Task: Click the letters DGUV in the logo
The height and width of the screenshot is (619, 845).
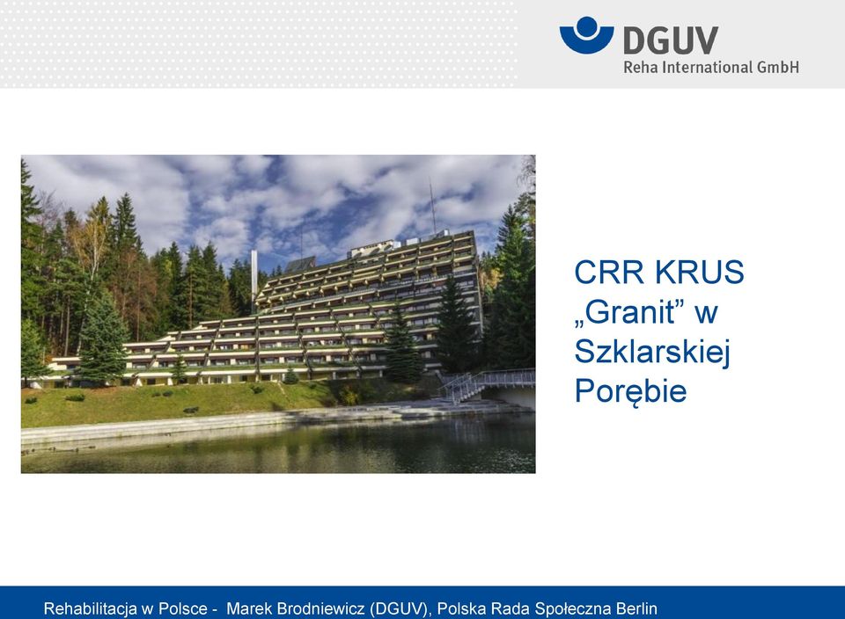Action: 671,40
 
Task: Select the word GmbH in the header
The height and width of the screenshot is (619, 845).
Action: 778,68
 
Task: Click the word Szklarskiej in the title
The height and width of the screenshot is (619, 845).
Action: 652,352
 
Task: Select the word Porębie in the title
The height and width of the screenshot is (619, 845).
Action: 630,390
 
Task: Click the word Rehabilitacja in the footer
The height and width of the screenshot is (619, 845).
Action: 91,608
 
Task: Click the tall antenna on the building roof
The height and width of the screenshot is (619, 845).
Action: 432,208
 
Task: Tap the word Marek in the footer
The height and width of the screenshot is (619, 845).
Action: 248,608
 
